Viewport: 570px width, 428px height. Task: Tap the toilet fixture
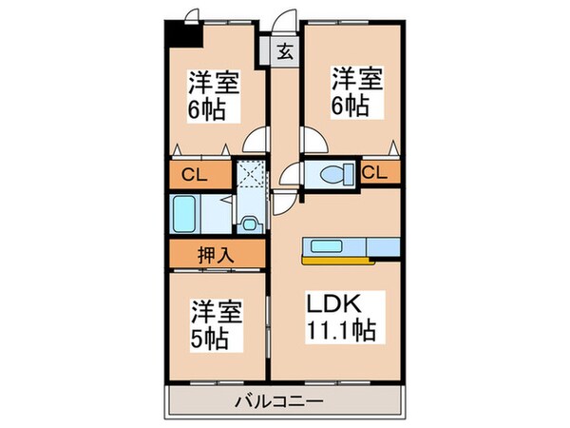pyautogui.click(x=333, y=174)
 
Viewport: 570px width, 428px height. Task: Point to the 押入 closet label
pyautogui.click(x=217, y=254)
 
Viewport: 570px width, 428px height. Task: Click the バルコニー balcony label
pyautogui.click(x=278, y=401)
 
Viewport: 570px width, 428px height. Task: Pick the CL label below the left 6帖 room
pyautogui.click(x=194, y=175)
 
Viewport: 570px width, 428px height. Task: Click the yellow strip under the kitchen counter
pyautogui.click(x=333, y=255)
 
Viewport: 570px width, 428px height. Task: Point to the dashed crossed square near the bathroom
pyautogui.click(x=249, y=177)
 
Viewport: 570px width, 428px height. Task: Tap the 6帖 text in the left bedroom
pyautogui.click(x=206, y=109)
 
